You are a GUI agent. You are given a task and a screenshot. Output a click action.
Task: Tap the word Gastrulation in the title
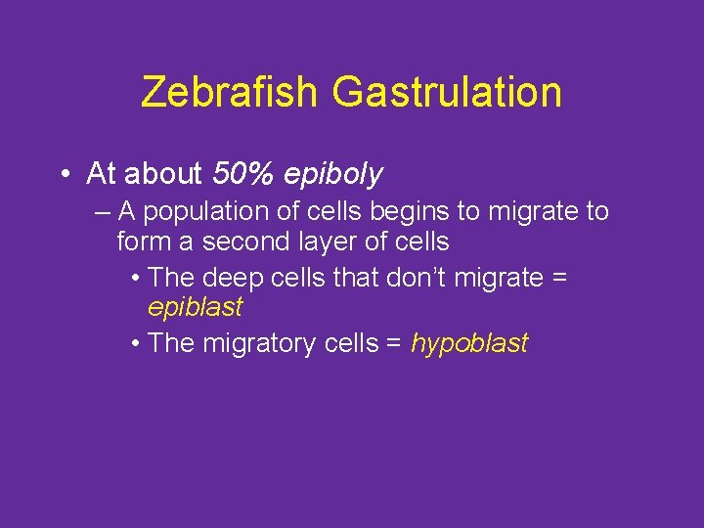point(447,93)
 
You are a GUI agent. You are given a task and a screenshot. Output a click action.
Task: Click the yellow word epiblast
point(195,307)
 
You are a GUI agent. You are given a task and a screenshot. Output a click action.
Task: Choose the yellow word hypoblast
point(469,343)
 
